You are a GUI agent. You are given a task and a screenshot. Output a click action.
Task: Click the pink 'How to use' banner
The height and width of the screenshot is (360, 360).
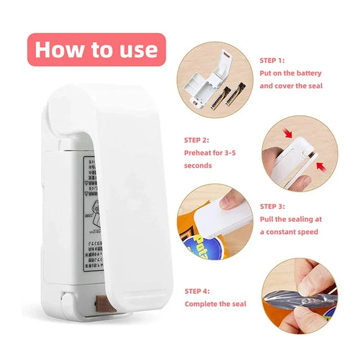96,49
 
